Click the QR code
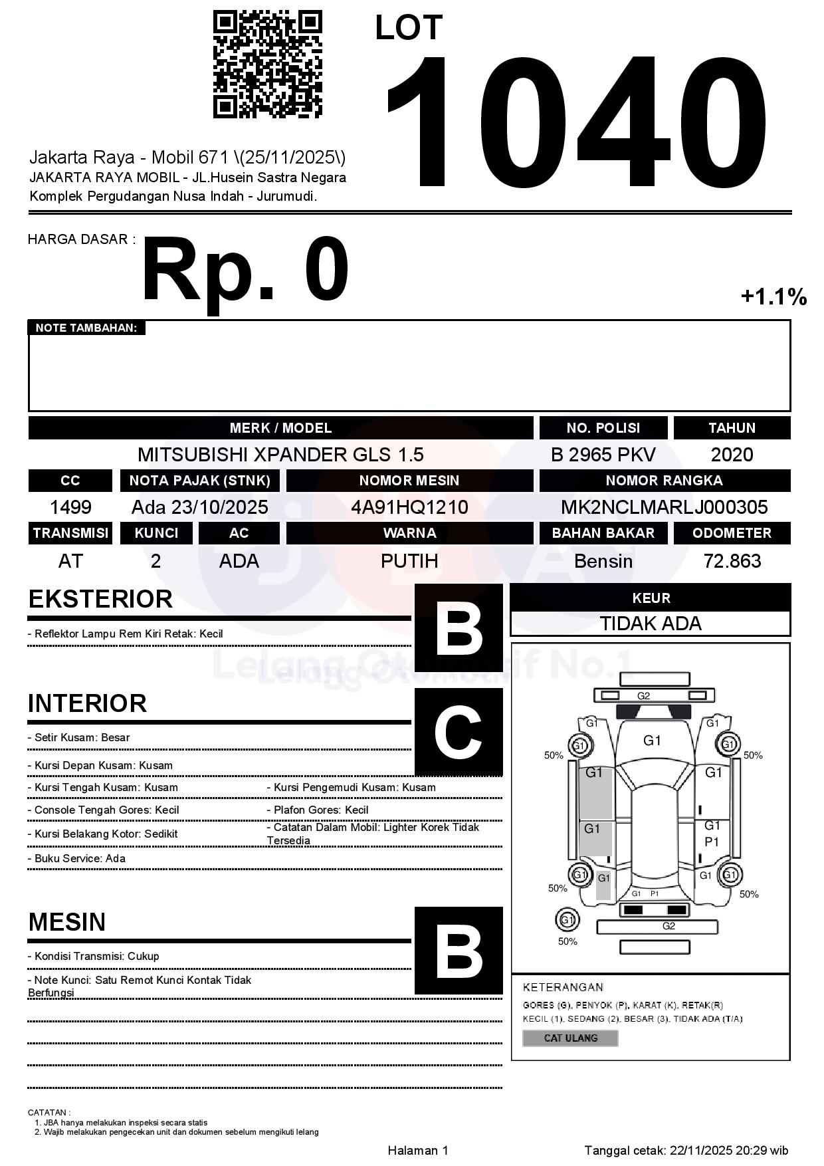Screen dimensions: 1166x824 click(x=267, y=64)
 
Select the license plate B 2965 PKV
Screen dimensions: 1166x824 click(x=603, y=455)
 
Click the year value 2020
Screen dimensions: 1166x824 click(x=732, y=455)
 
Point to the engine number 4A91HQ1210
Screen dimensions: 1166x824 click(x=409, y=507)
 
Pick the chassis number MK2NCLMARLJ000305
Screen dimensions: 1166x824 click(x=664, y=507)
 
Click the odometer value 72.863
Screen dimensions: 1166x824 click(x=732, y=561)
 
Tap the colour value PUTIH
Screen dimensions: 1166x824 click(x=409, y=561)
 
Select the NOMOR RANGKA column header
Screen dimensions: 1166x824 click(x=664, y=481)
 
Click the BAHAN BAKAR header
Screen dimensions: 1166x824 click(x=603, y=533)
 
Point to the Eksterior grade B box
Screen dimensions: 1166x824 click(x=459, y=628)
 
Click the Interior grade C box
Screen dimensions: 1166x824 click(x=459, y=732)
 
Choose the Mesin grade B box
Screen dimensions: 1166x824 click(x=459, y=951)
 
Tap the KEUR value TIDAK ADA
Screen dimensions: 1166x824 click(x=650, y=624)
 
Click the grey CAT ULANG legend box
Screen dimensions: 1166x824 click(x=570, y=1038)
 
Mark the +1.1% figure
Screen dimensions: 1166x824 click(x=773, y=296)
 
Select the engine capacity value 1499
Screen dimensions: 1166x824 click(x=70, y=507)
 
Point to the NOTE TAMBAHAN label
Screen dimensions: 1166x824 click(x=86, y=328)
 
